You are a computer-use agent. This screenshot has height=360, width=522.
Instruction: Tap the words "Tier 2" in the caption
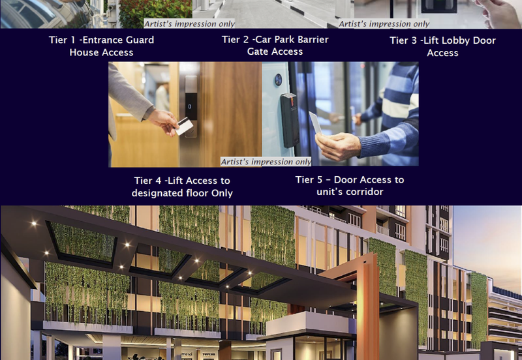click(x=235, y=40)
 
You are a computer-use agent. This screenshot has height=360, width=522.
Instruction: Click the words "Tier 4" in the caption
click(x=147, y=181)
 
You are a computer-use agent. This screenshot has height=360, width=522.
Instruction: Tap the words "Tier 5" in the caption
click(x=309, y=180)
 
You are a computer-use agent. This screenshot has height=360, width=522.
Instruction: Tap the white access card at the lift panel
click(x=184, y=127)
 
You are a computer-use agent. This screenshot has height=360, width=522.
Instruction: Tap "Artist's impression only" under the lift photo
click(x=266, y=162)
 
